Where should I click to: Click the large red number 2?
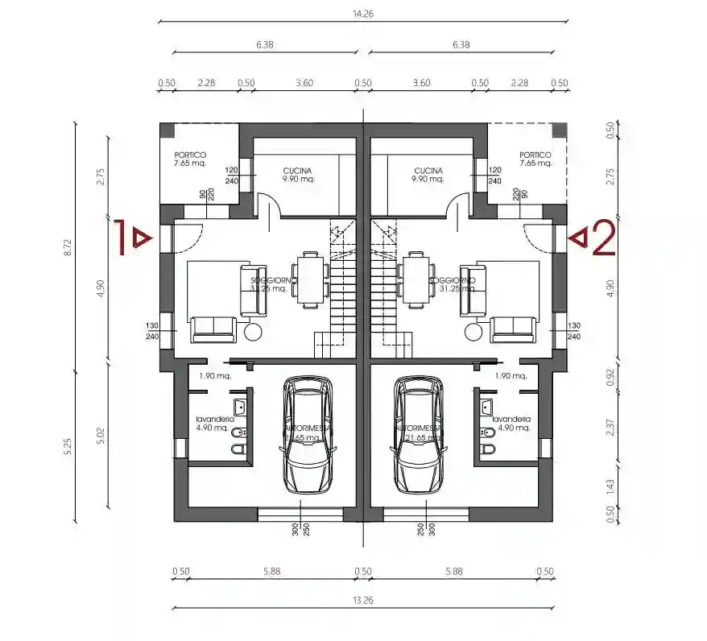click(x=603, y=238)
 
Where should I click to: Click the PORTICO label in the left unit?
click(x=190, y=155)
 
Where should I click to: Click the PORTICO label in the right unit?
click(x=535, y=155)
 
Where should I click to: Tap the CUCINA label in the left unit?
click(x=298, y=171)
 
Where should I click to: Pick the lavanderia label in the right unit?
click(x=511, y=420)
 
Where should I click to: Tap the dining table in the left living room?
click(x=310, y=279)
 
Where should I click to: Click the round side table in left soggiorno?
click(x=254, y=332)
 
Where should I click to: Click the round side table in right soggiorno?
click(x=471, y=332)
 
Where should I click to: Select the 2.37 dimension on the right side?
click(x=610, y=427)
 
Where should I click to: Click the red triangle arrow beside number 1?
click(x=142, y=238)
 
